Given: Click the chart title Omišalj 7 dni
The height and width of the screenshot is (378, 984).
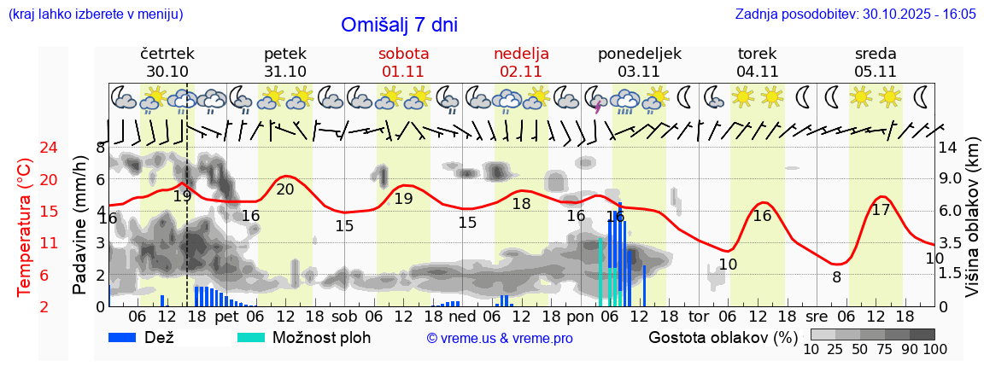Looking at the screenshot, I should point(399,25).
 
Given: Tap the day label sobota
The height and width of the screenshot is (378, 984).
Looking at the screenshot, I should point(403,54).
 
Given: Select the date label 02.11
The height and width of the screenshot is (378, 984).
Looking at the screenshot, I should point(521,72).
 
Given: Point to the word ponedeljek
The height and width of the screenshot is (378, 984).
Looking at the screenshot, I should point(640,54).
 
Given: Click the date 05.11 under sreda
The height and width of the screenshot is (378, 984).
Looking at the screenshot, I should point(876,72).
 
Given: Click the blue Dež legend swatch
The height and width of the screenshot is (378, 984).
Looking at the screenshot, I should point(128,337).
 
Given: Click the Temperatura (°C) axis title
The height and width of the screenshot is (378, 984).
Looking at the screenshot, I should point(25,227).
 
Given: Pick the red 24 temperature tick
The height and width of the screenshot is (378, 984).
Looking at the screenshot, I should point(25,148).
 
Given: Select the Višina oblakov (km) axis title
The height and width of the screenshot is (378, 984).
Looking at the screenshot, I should point(972,227).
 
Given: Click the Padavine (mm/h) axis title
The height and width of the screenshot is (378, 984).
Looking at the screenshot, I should point(80,225).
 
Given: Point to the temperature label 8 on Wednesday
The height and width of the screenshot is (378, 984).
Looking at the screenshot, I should point(836,276).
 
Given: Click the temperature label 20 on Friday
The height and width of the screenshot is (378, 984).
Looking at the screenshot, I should point(285,189).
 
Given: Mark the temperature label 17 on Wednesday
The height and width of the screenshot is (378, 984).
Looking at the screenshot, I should point(881,210).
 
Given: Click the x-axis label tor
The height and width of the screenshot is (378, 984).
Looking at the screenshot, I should point(699,316).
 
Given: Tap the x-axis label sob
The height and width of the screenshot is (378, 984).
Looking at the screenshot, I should point(344,316).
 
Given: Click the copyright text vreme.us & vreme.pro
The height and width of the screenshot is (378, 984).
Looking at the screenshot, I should point(500,339).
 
